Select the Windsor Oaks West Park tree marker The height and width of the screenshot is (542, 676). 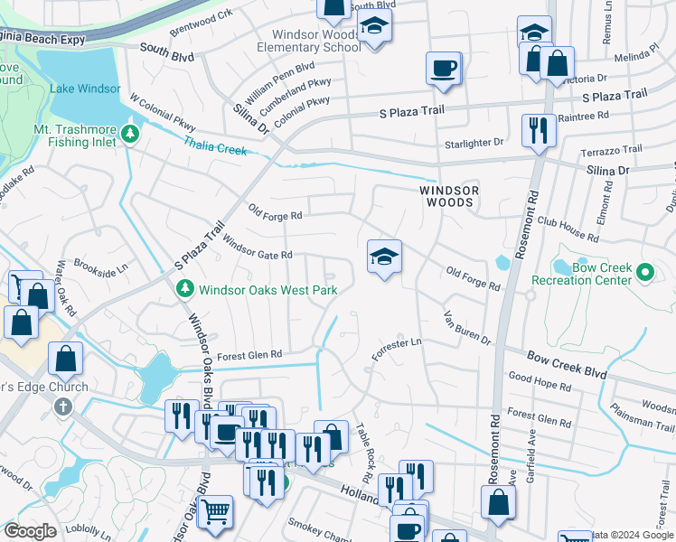pyautogui.click(x=183, y=289)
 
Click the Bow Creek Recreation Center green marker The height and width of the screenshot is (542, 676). pyautogui.click(x=644, y=271)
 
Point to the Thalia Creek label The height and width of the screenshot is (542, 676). pyautogui.click(x=215, y=145)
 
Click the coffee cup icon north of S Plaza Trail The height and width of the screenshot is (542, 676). pyautogui.click(x=443, y=69)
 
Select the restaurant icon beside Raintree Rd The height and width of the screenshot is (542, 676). pyautogui.click(x=539, y=127)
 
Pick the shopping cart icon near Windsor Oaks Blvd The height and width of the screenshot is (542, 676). pyautogui.click(x=215, y=511)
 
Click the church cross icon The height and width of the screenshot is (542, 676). pyautogui.click(x=62, y=406)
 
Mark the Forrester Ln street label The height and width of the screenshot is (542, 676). pyautogui.click(x=398, y=348)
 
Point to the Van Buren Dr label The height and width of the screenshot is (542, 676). pyautogui.click(x=466, y=329)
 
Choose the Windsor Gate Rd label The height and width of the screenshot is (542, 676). pyautogui.click(x=257, y=248)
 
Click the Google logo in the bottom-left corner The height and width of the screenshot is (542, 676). pyautogui.click(x=30, y=531)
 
